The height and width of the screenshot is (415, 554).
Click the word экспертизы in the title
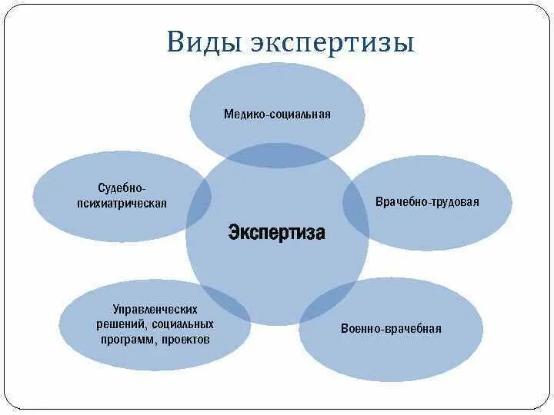332,43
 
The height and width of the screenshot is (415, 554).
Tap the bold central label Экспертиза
276,233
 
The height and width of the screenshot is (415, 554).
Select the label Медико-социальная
277,115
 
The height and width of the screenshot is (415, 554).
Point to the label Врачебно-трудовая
427,202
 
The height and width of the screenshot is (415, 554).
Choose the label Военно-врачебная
391,329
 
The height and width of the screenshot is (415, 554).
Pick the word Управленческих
154,309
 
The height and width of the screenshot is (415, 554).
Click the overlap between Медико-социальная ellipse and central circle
277,155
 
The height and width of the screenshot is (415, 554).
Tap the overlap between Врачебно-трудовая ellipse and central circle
355,202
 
